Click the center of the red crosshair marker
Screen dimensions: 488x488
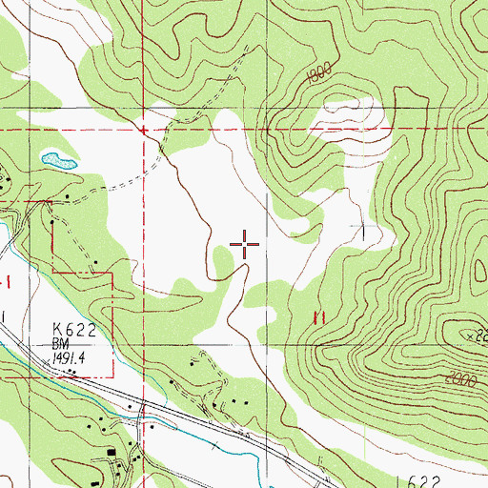point(245,245)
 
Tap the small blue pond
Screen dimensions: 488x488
point(56,159)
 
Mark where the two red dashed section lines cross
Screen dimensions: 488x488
point(143,129)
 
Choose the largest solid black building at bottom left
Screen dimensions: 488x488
point(114,453)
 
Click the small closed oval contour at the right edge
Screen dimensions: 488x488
point(479,274)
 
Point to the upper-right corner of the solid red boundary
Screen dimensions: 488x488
point(113,273)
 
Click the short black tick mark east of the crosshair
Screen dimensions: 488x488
point(364,231)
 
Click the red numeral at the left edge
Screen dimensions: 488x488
point(9,279)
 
